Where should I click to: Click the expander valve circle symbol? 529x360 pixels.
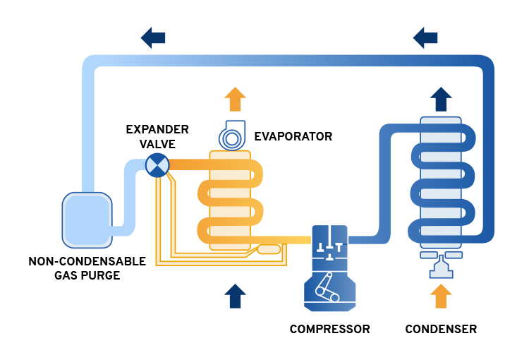[157, 166]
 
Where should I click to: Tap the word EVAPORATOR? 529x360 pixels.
[293, 136]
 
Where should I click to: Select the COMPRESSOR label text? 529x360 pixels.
[329, 329]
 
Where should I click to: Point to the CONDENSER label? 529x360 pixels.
[441, 329]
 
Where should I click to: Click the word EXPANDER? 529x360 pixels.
[157, 130]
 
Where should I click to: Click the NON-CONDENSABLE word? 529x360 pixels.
[87, 261]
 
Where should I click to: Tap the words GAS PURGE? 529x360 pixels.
[87, 275]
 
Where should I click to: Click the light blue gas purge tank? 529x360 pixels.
[87, 220]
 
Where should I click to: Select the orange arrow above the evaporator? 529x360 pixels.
[235, 99]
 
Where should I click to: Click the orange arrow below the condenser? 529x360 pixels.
[441, 296]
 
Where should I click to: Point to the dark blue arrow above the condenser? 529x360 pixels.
[441, 99]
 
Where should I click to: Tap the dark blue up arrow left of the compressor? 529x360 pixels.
[235, 296]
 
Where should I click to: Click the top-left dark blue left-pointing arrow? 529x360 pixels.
[153, 37]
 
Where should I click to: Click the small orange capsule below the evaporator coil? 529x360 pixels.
[269, 248]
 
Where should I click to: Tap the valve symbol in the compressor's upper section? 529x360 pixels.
[329, 247]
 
